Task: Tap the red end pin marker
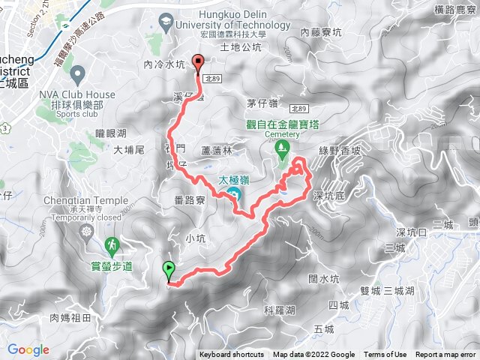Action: point(199,64)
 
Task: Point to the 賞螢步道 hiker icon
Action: point(112,244)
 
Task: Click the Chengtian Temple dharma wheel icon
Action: point(87,231)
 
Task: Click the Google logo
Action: point(28,349)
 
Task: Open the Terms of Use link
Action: point(385,355)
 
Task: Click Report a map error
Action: point(446,355)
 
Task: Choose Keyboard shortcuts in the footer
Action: point(232,355)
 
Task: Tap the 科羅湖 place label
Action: point(280,309)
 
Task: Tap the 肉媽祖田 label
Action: point(70,318)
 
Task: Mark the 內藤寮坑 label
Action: point(321,32)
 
